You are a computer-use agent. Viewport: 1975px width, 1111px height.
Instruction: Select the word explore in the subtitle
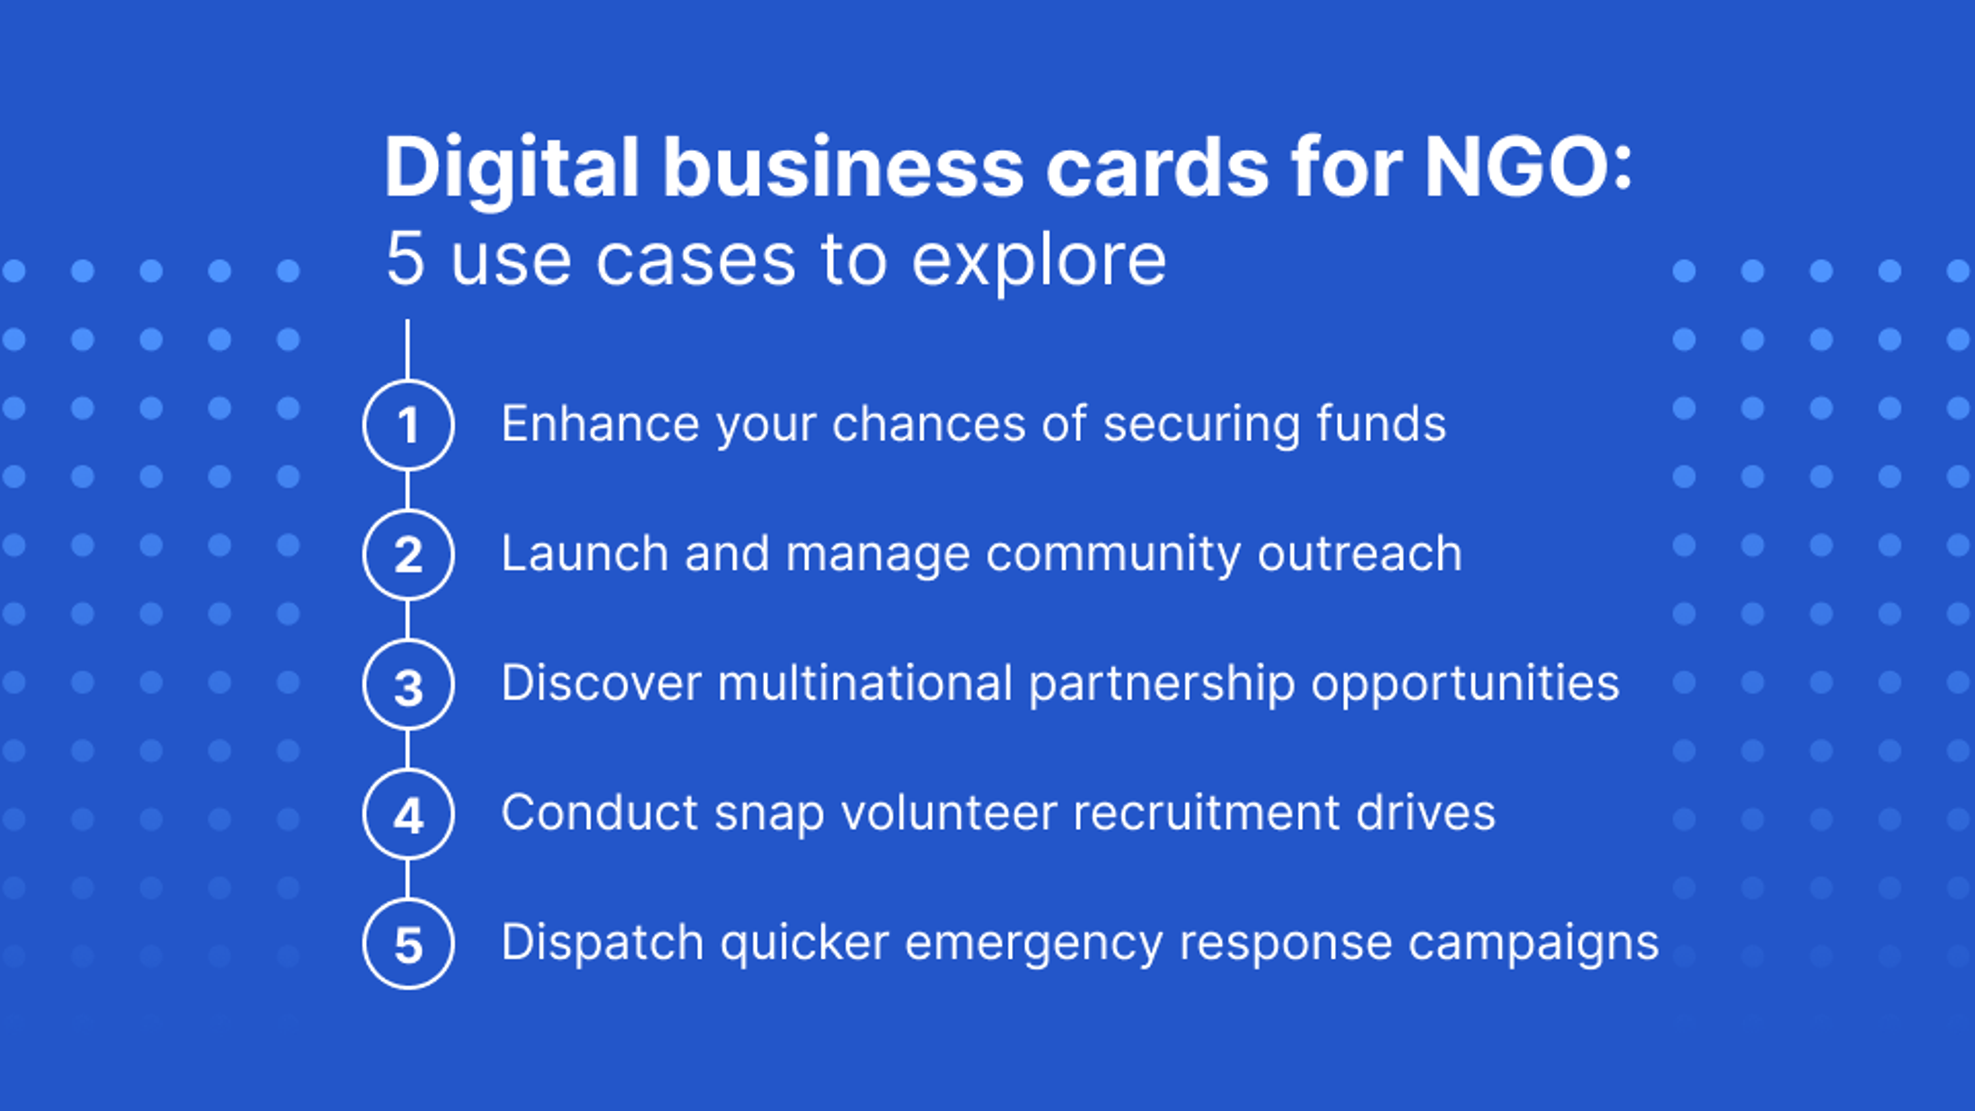coord(1039,261)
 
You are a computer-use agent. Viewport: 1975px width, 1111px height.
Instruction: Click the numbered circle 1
coord(408,425)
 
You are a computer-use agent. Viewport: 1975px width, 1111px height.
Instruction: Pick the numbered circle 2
coord(408,554)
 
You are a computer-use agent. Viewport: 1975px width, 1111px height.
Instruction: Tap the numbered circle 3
coord(408,685)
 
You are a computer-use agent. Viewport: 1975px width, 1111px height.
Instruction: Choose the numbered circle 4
coord(408,814)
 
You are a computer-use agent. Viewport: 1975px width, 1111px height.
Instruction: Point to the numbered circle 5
coord(408,944)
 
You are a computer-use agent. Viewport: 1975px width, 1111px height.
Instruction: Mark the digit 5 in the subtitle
coord(405,261)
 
